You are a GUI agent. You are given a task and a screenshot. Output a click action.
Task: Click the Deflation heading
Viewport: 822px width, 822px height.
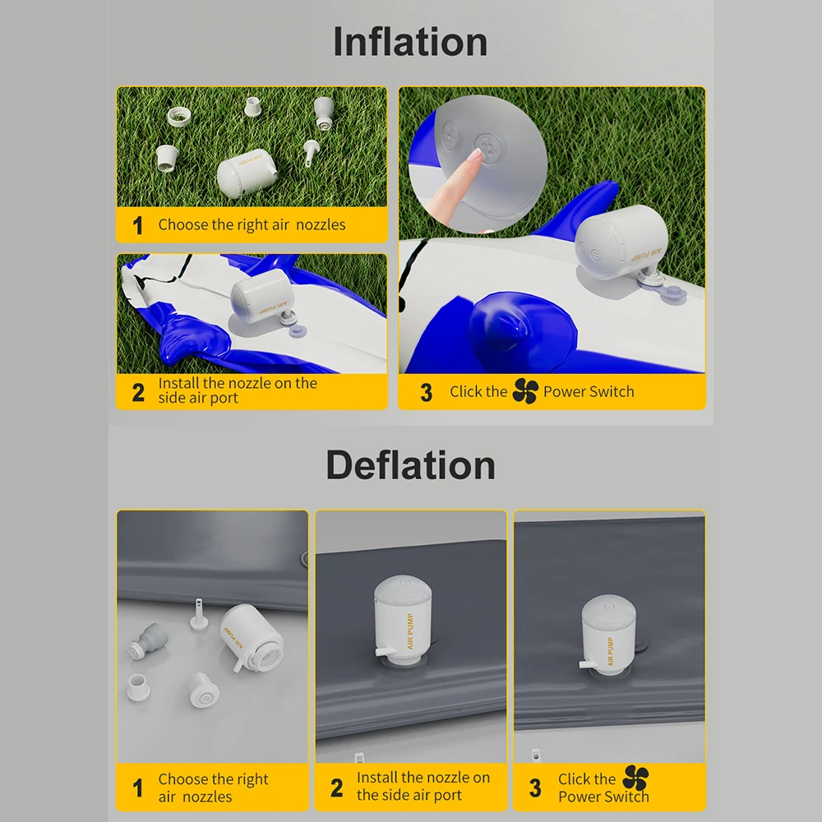click(x=410, y=465)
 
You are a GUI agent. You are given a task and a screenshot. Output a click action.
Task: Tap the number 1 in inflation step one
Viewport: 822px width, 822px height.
click(x=137, y=225)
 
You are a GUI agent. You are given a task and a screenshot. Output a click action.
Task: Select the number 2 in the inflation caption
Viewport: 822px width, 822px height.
click(x=138, y=392)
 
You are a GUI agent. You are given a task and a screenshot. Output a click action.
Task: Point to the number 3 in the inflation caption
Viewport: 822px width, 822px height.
click(x=426, y=393)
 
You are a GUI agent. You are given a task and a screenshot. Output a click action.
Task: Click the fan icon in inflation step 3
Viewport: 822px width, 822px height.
click(x=524, y=391)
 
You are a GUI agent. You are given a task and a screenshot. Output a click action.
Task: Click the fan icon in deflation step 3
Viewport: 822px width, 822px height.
click(x=635, y=778)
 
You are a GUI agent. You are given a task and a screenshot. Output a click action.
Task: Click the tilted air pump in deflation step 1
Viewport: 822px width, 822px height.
click(x=252, y=640)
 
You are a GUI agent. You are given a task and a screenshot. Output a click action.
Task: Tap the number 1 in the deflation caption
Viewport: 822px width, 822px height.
click(x=137, y=788)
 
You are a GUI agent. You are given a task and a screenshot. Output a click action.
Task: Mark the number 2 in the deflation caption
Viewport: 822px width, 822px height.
click(x=336, y=787)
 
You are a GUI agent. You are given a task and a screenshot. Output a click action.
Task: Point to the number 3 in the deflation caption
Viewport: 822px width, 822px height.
click(x=535, y=788)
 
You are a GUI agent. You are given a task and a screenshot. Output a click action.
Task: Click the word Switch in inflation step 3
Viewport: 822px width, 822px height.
click(x=612, y=392)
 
